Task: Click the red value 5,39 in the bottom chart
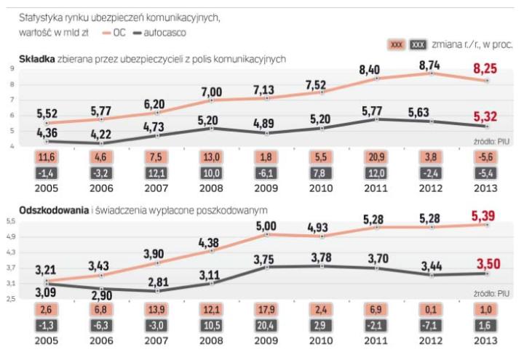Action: [x=485, y=215]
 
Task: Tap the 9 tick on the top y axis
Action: [x=12, y=68]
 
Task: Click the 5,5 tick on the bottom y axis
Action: [x=12, y=220]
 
